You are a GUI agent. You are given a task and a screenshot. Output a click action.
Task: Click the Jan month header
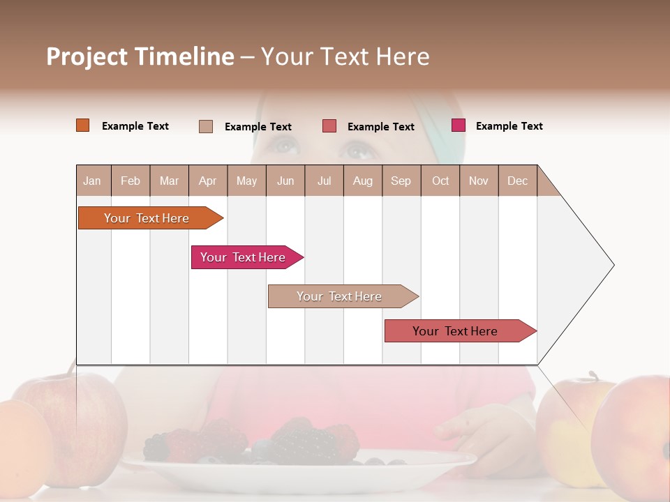[x=92, y=181]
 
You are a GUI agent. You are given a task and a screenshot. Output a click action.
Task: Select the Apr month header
[x=207, y=181]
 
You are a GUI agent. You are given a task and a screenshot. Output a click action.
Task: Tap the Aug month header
[x=362, y=181]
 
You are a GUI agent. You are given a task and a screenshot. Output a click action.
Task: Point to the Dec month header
[x=517, y=181]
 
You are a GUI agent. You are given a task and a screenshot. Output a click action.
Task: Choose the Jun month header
[x=285, y=181]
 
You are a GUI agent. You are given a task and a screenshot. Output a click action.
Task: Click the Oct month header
[x=440, y=181]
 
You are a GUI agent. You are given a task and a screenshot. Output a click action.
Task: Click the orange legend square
[x=82, y=125]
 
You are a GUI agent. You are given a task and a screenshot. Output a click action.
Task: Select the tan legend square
[x=205, y=126]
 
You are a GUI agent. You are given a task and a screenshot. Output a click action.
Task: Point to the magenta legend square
[x=459, y=125]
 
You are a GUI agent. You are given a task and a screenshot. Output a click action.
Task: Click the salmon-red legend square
[x=329, y=126]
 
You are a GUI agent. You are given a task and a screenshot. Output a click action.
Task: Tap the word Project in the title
[x=87, y=56]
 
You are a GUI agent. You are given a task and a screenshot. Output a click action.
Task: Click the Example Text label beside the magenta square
[x=509, y=126]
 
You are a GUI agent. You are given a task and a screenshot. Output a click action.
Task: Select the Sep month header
[x=401, y=181]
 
